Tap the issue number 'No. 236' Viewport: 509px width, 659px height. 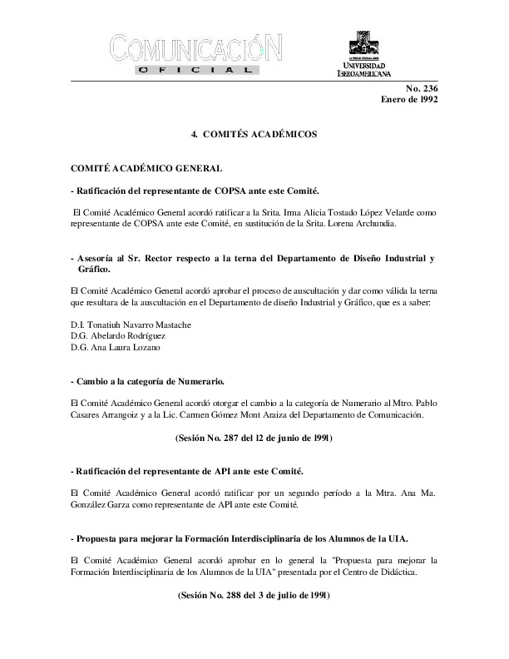click(x=422, y=88)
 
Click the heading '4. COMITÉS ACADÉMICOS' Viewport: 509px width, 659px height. click(x=254, y=133)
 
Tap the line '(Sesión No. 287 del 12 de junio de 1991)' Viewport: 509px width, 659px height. click(x=254, y=437)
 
